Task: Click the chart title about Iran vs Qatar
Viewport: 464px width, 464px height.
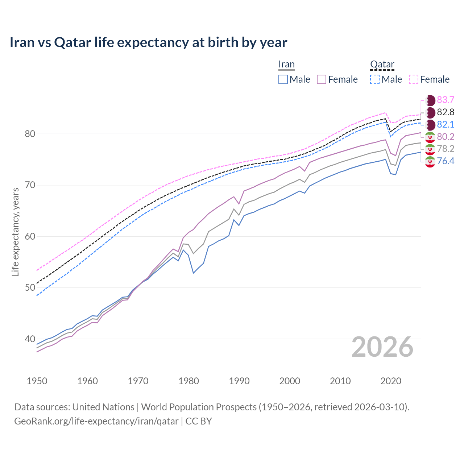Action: point(148,42)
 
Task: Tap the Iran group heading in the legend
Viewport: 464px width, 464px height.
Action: point(286,65)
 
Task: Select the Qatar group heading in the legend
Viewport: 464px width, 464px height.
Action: point(382,65)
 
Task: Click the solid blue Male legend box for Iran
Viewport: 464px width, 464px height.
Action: point(283,79)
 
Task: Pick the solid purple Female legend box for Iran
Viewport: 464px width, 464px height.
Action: point(322,79)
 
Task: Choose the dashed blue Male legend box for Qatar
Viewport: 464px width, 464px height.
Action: point(375,79)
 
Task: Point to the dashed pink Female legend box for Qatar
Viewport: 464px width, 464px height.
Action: point(414,79)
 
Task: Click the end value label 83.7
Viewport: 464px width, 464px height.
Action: point(446,100)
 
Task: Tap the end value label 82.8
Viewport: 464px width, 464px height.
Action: point(446,112)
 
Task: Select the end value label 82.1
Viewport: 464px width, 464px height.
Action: point(446,124)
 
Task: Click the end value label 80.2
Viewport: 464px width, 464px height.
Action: point(446,137)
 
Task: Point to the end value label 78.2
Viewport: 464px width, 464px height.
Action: point(446,149)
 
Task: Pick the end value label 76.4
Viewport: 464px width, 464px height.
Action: point(446,161)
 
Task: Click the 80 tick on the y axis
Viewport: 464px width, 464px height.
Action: point(30,134)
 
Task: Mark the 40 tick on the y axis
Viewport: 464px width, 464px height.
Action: point(30,339)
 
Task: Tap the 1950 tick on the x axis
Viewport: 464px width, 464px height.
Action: point(37,381)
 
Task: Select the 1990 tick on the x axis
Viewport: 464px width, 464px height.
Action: point(239,381)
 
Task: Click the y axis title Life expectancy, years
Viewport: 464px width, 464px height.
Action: point(15,232)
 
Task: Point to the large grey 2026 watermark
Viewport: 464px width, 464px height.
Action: point(382,347)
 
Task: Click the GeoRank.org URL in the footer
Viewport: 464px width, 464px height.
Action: point(96,421)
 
